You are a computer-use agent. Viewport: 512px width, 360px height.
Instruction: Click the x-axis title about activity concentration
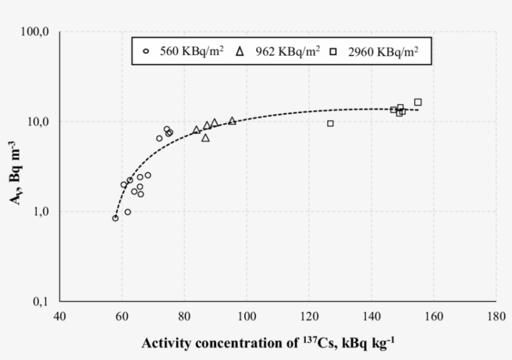(268, 342)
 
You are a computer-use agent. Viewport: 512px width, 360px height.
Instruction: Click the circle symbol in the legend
(146, 52)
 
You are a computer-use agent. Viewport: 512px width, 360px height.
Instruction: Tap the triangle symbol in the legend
(239, 52)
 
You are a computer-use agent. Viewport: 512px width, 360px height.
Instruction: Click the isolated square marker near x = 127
(330, 123)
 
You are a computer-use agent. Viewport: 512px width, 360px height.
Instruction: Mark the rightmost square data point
(418, 102)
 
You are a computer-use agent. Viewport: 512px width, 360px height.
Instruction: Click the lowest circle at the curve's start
(116, 218)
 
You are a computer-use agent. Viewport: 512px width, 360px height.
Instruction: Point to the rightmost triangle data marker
(232, 121)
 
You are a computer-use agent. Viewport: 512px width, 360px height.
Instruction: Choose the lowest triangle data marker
(205, 137)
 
